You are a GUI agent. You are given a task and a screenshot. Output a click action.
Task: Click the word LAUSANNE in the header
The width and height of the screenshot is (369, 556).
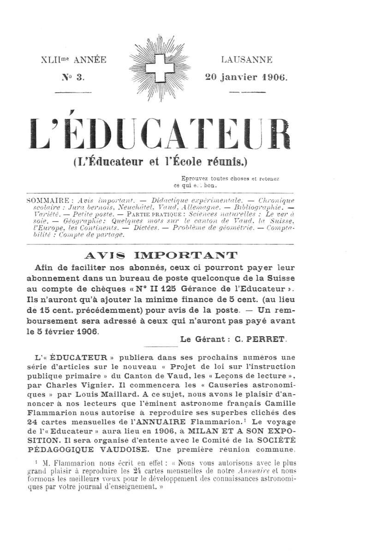246,59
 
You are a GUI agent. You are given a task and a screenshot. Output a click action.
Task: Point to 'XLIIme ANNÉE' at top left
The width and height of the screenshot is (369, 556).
74,59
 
